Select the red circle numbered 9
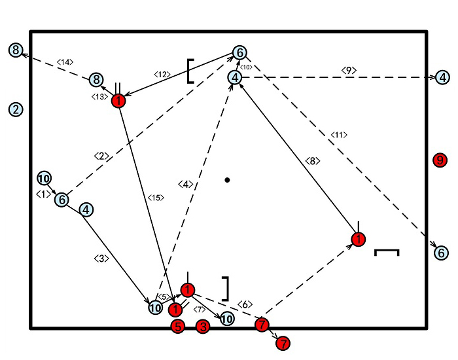(440, 159)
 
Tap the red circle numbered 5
(177, 327)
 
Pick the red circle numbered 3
(203, 327)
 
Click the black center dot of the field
(227, 179)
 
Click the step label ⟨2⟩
(101, 156)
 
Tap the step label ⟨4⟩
(186, 185)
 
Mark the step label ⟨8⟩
(313, 161)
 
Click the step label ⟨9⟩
(347, 69)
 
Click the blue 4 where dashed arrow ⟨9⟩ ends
(443, 77)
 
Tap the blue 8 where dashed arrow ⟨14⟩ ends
(16, 50)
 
